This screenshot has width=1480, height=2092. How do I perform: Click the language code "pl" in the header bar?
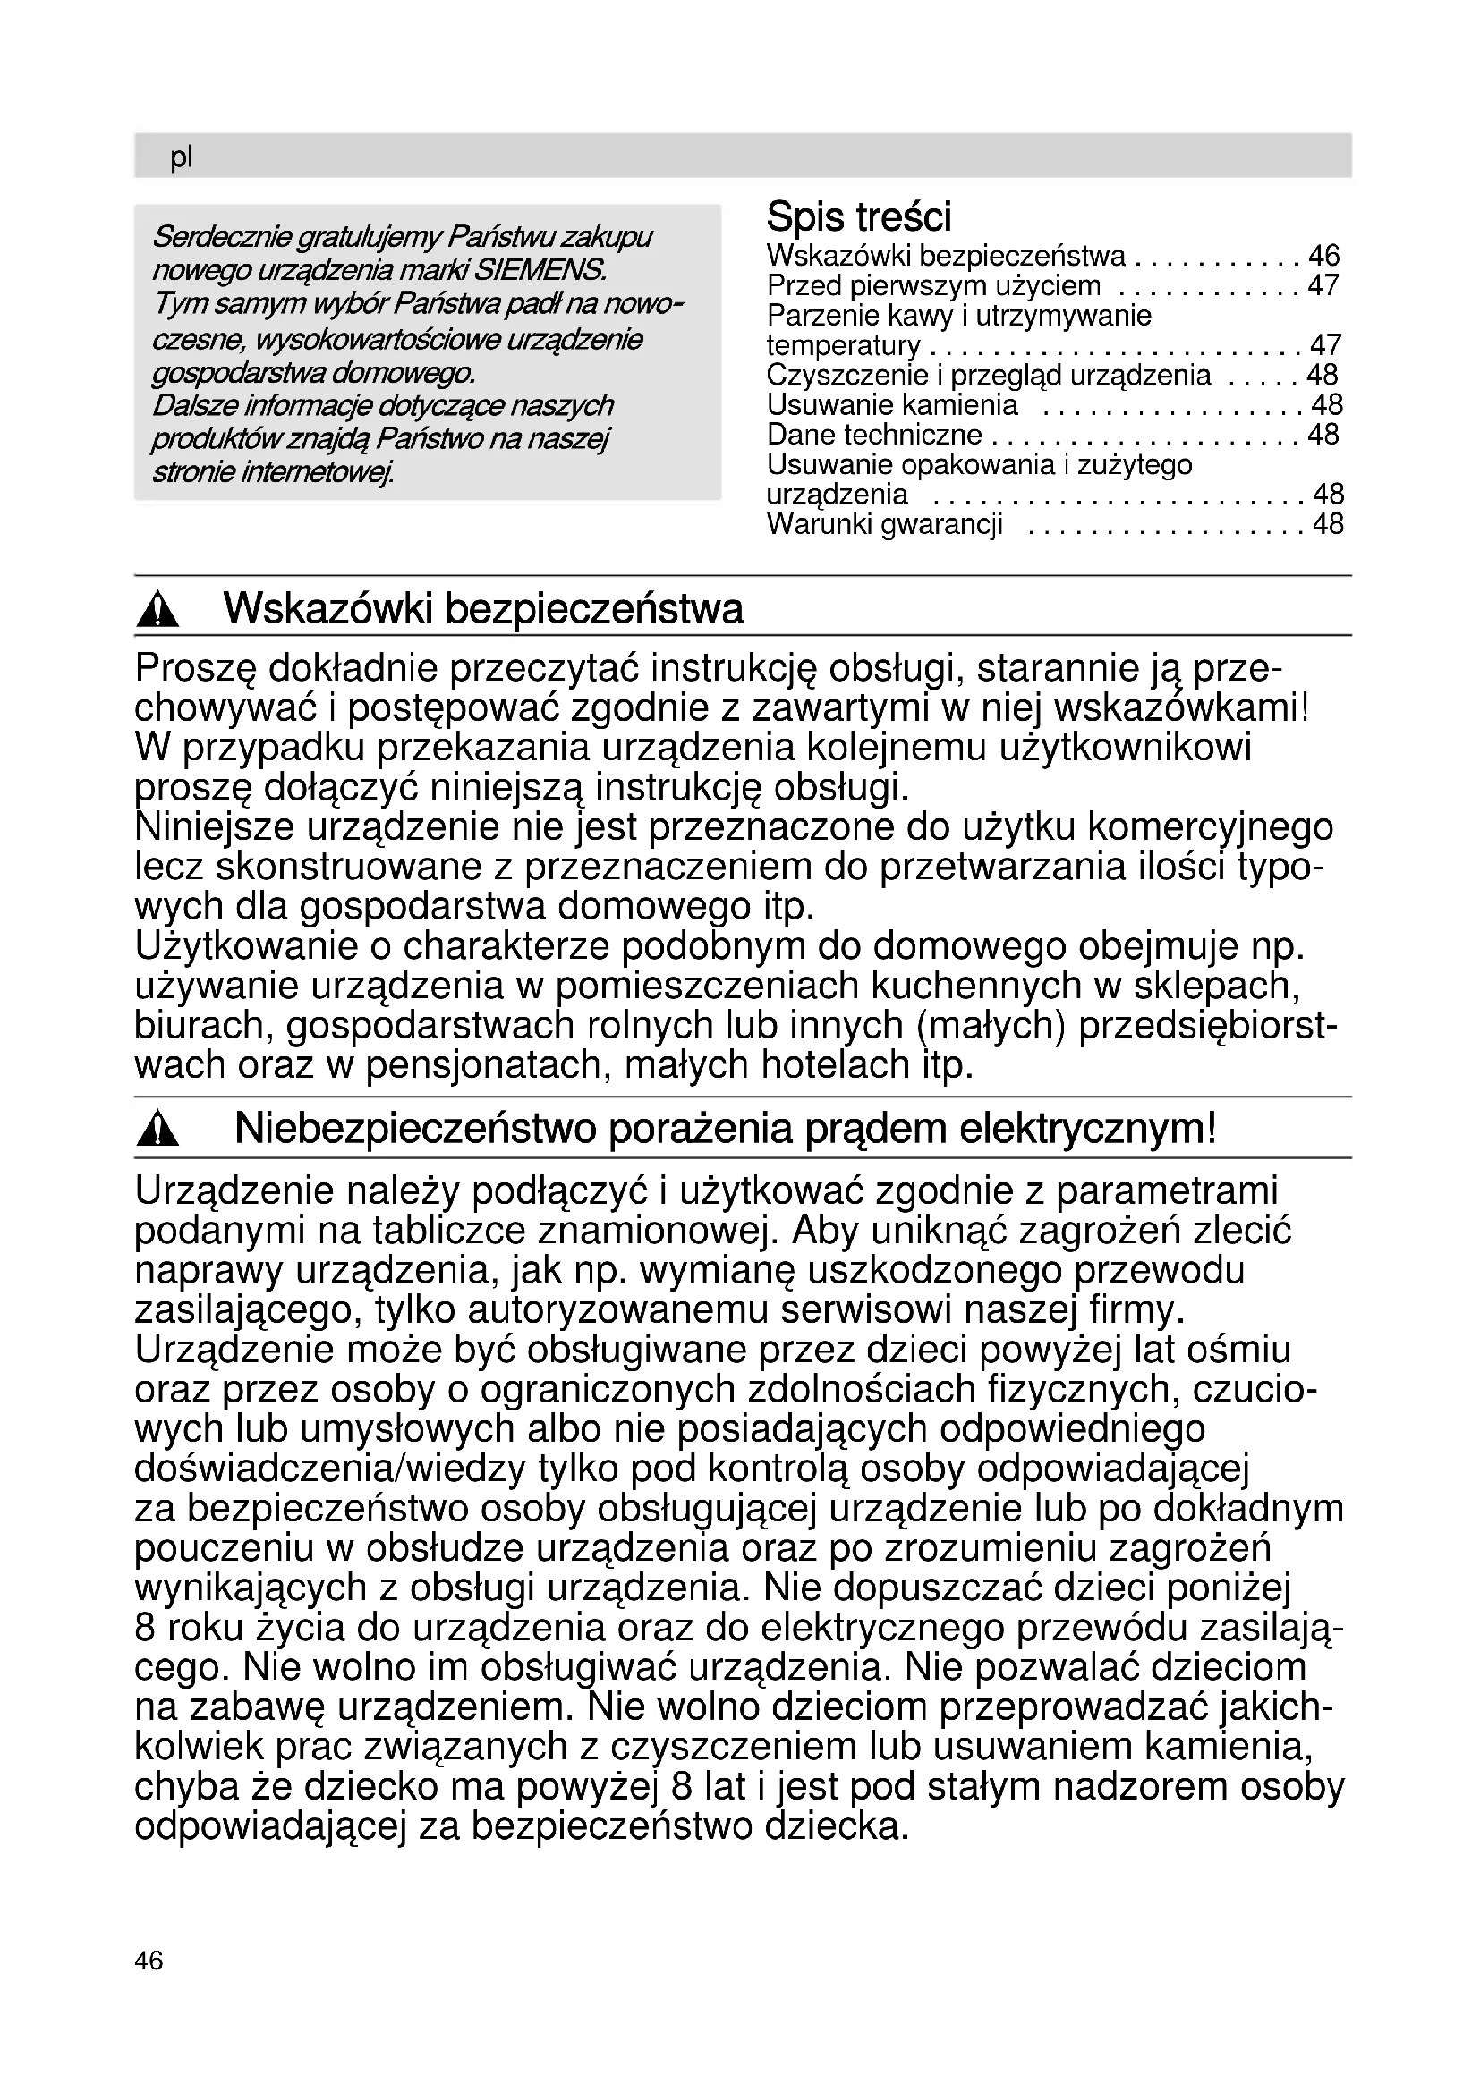coord(182,157)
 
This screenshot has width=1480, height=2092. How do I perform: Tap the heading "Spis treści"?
coord(858,216)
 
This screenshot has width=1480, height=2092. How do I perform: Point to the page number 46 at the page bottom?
coord(149,1960)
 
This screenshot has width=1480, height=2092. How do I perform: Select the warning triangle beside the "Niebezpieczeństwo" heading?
coord(158,1131)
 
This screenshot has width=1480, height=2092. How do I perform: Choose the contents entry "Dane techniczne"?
coord(874,435)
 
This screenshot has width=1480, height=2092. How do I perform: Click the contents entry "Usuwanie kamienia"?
coord(892,404)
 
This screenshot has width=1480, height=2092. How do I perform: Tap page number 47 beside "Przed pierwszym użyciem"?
coord(1323,286)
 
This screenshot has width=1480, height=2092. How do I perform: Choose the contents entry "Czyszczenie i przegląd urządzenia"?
coord(989,376)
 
